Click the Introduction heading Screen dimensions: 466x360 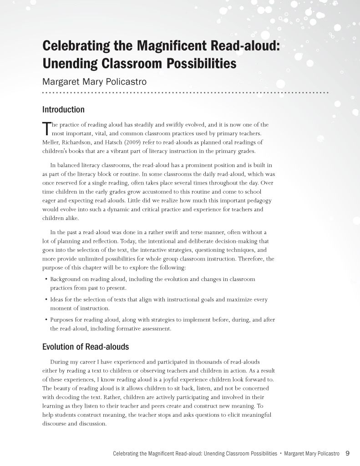tap(63, 110)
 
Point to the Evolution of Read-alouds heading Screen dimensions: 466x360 tap(86, 347)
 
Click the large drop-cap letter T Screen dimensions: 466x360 tap(46, 128)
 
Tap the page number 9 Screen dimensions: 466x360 tap(347, 453)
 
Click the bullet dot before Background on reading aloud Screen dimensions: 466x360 tap(46, 279)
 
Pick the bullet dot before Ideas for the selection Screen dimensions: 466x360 tap(46, 300)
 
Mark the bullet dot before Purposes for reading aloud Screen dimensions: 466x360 tap(46, 320)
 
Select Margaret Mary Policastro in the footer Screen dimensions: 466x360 tap(313, 454)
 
